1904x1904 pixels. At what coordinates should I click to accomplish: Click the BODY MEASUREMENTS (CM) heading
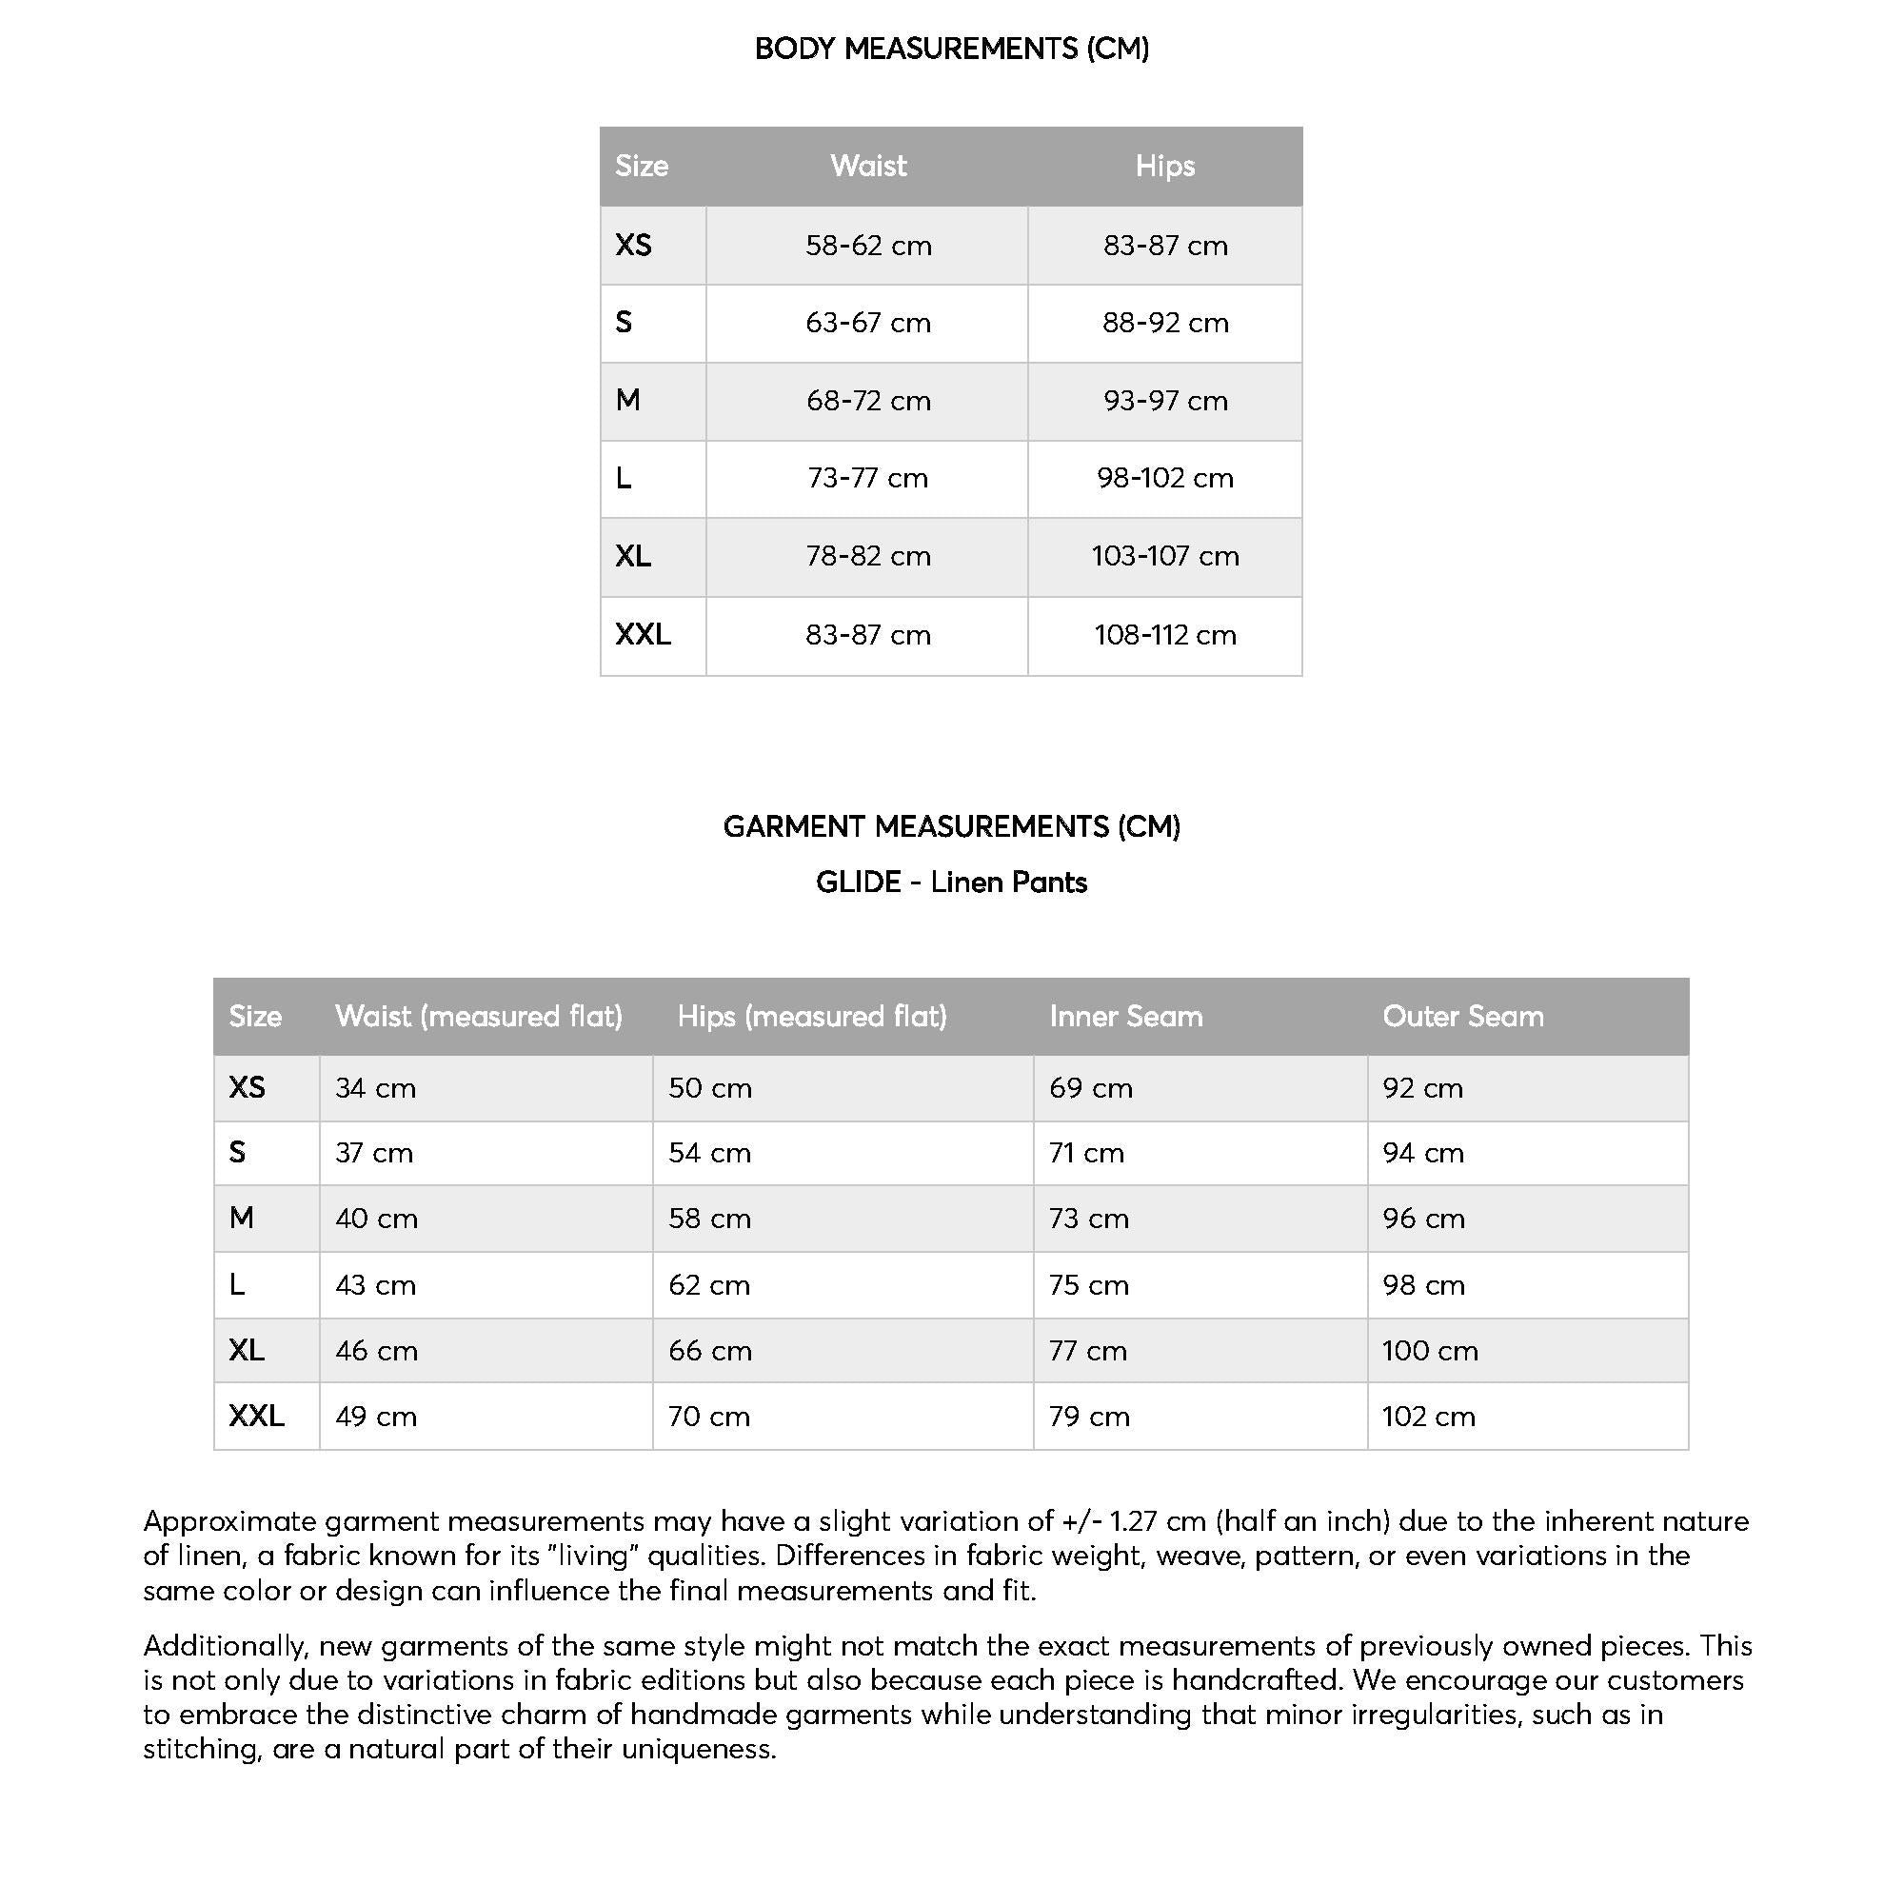[951, 49]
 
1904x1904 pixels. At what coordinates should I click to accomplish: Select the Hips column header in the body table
[1164, 166]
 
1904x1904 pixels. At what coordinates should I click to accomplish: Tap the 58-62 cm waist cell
[867, 246]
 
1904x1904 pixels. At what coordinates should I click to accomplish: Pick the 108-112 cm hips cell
[1164, 635]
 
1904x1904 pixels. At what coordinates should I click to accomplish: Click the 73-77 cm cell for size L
[867, 478]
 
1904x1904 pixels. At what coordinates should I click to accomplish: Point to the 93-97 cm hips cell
[1164, 401]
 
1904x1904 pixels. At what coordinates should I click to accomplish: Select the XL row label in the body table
[633, 557]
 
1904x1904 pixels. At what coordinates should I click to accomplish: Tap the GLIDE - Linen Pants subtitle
[951, 883]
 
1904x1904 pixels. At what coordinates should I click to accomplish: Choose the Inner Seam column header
[1125, 1016]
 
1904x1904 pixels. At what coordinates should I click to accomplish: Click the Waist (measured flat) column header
[478, 1016]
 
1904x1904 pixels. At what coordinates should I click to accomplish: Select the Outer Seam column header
[1462, 1016]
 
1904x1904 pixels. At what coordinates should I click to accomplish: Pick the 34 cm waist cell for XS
[375, 1088]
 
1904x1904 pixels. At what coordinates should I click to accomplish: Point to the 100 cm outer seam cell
[1429, 1350]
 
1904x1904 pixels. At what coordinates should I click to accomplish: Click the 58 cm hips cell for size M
[709, 1219]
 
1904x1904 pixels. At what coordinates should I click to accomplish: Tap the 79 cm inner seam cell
[1089, 1417]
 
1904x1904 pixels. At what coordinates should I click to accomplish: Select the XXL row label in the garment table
[256, 1417]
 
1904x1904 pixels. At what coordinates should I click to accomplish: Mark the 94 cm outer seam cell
[1423, 1152]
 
